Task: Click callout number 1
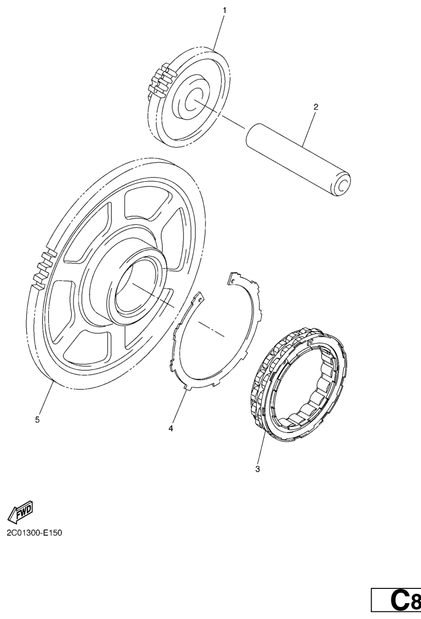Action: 224,10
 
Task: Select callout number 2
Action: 315,107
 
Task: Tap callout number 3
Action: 257,469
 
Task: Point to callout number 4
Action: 171,428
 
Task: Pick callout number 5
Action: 38,420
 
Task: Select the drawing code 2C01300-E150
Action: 34,533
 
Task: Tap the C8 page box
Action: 396,600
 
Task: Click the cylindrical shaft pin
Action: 298,160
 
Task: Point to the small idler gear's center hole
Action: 193,98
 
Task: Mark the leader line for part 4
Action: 178,406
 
